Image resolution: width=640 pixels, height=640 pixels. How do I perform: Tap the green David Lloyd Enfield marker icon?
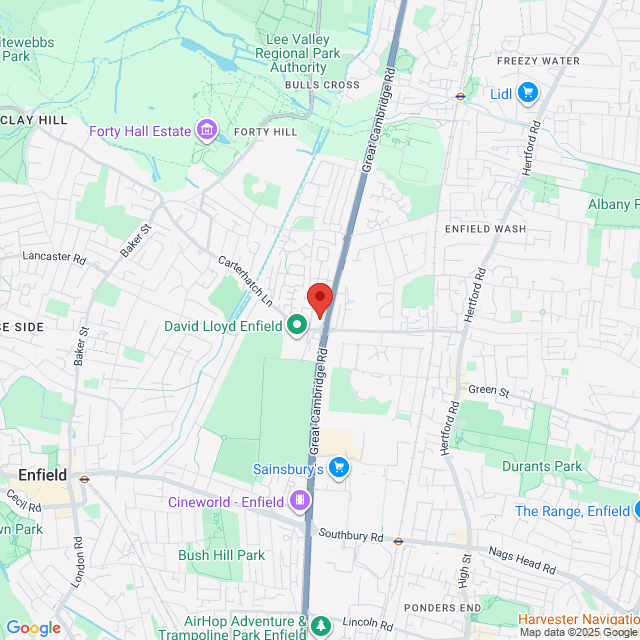coord(297,325)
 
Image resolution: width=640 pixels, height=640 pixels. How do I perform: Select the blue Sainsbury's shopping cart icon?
coord(339,467)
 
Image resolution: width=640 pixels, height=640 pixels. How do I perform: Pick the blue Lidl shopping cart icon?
coord(527,94)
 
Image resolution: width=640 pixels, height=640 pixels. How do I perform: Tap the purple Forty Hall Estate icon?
coord(207,131)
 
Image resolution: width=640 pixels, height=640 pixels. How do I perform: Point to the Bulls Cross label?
coord(321,85)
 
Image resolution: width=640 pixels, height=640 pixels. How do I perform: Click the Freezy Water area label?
coord(537,61)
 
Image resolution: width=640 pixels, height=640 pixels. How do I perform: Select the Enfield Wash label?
coord(485,229)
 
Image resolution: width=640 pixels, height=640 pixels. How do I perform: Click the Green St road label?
coord(489,391)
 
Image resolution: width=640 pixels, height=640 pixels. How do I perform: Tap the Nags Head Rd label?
coord(522,558)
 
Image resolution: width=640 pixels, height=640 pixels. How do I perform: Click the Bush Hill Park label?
coord(221,555)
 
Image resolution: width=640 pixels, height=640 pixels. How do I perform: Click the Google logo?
coord(33,628)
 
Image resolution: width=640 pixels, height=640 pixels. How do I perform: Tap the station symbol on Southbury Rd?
coord(398,541)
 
